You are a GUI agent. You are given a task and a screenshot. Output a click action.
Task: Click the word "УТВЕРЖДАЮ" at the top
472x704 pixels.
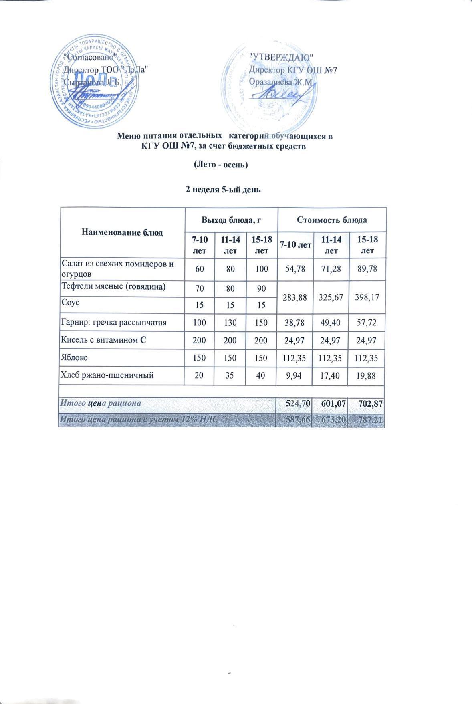point(280,57)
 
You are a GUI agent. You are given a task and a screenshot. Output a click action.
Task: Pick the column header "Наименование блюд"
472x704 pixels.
point(122,232)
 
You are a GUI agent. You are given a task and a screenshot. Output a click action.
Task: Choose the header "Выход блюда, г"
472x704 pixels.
point(231,220)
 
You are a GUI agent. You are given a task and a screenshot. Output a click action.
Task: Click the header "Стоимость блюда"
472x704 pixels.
point(332,220)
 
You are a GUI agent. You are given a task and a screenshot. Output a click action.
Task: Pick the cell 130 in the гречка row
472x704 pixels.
point(230,322)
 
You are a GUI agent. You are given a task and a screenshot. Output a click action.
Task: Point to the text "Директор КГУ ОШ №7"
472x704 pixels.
point(292,70)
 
